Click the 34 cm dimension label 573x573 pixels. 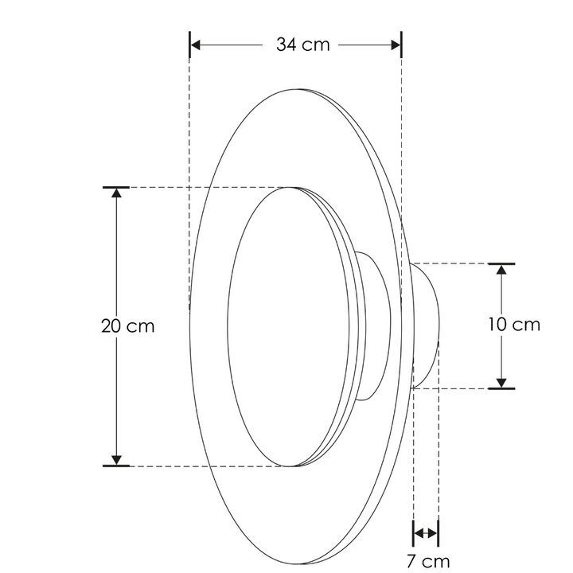[302, 45]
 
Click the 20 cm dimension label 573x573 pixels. [127, 326]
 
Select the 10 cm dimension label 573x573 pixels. [513, 325]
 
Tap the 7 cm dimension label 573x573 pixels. [427, 562]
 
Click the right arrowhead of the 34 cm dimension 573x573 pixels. [395, 45]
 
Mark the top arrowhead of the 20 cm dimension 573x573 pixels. [116, 195]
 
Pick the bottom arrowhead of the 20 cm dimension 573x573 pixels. [116, 458]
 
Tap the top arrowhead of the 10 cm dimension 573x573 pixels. [501, 271]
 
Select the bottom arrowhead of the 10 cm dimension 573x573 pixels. [501, 381]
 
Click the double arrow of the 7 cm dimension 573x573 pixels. [426, 532]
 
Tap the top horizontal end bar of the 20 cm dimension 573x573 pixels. [116, 187]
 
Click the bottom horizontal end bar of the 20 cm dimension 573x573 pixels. [116, 466]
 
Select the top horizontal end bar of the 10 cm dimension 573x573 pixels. [501, 263]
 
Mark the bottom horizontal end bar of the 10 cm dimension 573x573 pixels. [501, 389]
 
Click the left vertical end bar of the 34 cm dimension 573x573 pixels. [189, 45]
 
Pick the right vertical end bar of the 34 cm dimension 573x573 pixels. [401, 45]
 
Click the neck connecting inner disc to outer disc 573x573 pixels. [374, 326]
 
